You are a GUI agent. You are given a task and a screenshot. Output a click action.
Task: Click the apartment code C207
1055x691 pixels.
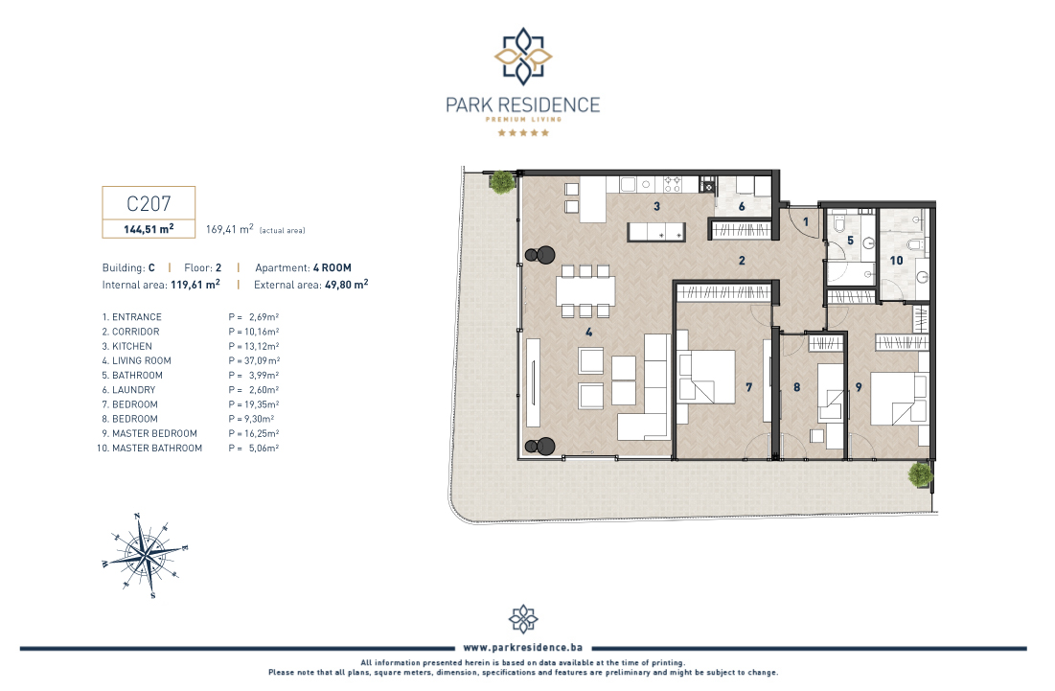(149, 203)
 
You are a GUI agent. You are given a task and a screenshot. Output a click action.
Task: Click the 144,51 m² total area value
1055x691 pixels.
(149, 229)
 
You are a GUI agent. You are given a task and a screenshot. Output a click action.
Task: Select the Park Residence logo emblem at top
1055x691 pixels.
(523, 57)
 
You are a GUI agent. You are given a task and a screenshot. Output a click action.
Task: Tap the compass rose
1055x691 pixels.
(145, 555)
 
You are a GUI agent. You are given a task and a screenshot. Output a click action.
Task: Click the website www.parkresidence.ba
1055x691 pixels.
(523, 647)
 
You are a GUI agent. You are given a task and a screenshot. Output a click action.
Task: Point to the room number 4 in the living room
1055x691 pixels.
(588, 332)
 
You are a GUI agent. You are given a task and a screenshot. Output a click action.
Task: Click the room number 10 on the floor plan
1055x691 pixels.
(896, 261)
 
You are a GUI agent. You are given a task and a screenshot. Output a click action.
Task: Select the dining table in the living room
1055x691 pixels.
(585, 290)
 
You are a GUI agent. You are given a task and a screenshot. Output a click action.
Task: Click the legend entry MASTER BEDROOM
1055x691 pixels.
(154, 433)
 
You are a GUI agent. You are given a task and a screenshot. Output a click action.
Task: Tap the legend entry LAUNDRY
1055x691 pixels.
(134, 389)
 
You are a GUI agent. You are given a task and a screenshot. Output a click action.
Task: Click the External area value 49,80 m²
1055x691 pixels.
(347, 285)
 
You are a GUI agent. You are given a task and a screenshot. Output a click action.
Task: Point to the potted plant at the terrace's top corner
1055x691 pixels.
(502, 182)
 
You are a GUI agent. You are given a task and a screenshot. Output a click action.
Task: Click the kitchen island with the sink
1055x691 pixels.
(656, 232)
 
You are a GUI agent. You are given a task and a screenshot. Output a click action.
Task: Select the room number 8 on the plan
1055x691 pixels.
(796, 387)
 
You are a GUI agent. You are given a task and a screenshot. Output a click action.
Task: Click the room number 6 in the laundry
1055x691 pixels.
(742, 207)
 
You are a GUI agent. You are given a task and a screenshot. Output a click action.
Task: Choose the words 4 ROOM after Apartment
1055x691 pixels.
(333, 267)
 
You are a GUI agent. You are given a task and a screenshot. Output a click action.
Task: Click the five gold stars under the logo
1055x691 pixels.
(523, 132)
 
